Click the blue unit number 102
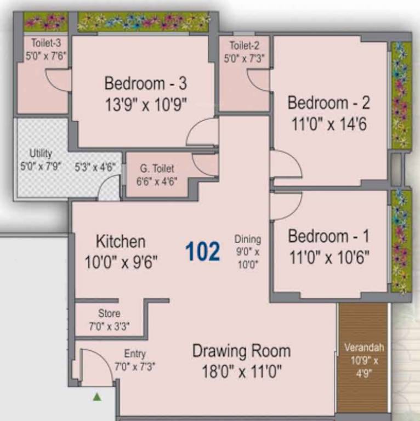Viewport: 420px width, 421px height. click(203, 251)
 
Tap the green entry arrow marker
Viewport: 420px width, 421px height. click(97, 396)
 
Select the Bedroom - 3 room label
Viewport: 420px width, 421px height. click(145, 83)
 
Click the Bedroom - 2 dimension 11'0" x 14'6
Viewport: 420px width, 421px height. click(328, 124)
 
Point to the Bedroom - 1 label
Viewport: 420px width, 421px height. click(328, 236)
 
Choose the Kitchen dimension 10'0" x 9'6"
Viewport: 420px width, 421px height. click(121, 262)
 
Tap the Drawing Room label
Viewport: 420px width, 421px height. click(241, 351)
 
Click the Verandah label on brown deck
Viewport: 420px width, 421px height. click(364, 348)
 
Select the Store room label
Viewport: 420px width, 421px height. click(109, 314)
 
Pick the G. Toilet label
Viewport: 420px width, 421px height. click(157, 169)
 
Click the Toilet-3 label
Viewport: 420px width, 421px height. click(46, 43)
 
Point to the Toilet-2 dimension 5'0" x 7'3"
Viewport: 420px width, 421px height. click(244, 58)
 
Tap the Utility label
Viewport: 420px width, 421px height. click(40, 153)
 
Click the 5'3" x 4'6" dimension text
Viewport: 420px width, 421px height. click(95, 167)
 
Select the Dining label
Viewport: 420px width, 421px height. click(248, 239)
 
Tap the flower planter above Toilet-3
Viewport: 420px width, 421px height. click(45, 22)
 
